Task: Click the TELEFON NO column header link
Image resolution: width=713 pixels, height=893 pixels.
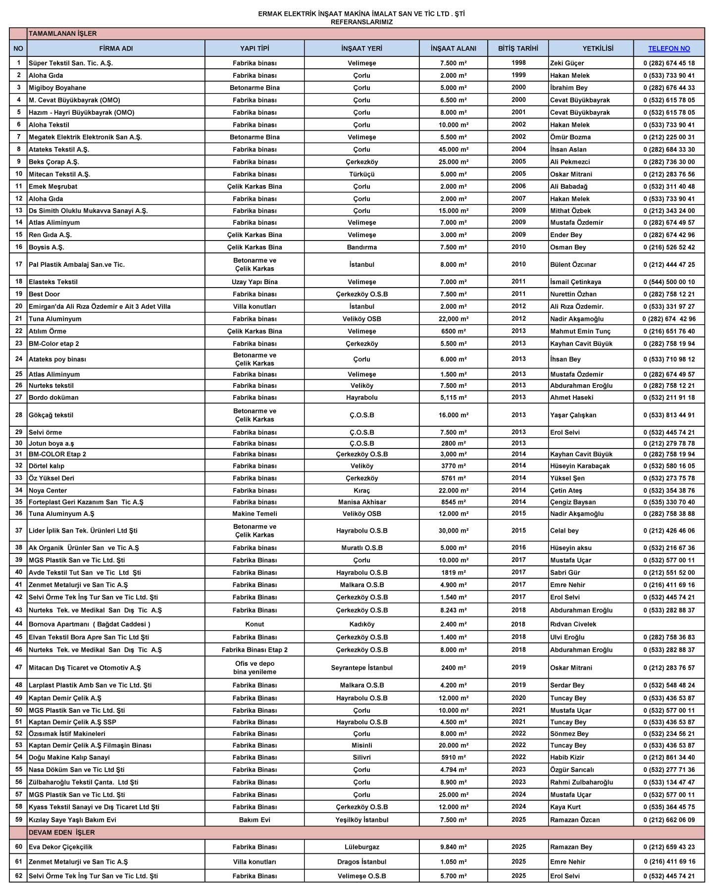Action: (669, 49)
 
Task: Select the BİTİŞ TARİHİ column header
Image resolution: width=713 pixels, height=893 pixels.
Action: (518, 49)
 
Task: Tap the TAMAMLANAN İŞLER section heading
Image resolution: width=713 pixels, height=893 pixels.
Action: (63, 34)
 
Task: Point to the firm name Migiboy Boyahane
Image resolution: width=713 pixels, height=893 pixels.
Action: (57, 88)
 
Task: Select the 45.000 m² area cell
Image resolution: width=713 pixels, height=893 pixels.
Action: (454, 149)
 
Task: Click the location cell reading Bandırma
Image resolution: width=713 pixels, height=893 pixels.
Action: (362, 247)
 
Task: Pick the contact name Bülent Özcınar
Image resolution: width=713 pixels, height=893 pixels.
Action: (573, 264)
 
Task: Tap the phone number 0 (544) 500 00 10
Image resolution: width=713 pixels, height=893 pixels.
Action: (669, 282)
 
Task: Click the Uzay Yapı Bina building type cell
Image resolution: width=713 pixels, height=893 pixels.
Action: (255, 282)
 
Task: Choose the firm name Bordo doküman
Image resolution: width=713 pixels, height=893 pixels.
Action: (53, 397)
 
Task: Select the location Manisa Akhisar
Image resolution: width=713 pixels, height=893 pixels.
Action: (362, 502)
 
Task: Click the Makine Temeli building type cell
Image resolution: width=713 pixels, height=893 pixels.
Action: (255, 514)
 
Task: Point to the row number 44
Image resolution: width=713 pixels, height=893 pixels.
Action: (19, 624)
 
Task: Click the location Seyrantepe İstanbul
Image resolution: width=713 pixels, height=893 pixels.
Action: (362, 668)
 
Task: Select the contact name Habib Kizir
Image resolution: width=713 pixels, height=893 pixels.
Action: (567, 757)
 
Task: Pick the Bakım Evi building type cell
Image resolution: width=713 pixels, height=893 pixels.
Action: (255, 820)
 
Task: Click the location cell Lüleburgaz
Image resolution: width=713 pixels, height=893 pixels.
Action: (362, 847)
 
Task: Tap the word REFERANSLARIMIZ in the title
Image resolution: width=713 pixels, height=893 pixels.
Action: (361, 22)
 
